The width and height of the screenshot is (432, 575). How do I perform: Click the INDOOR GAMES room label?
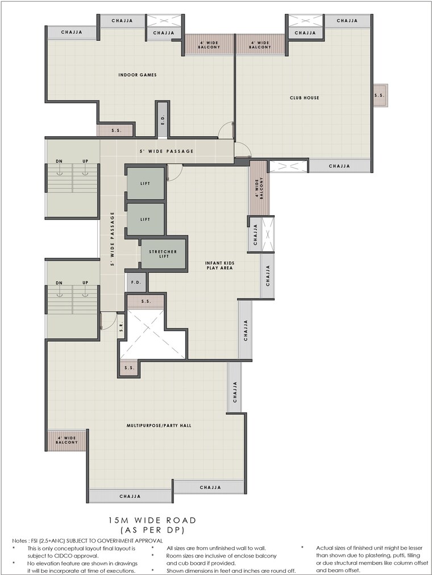137,75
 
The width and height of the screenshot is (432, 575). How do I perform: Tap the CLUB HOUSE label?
304,98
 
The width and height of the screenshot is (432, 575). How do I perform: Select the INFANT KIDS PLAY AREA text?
219,266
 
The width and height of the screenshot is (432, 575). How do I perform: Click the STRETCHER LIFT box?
163,254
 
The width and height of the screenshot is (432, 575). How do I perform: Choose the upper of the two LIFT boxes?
145,183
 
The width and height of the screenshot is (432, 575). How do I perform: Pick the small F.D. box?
136,282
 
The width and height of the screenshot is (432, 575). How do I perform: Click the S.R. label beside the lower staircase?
121,328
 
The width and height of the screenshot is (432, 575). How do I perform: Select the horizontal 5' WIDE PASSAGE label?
167,152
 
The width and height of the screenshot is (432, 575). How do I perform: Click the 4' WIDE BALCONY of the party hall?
67,439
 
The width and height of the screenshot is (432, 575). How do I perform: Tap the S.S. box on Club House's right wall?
379,95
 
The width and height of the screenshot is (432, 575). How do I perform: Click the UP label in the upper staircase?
85,162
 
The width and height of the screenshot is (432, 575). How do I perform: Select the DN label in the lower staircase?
59,283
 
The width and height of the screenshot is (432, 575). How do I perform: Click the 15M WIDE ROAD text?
152,520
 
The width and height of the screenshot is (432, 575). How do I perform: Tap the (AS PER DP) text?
152,530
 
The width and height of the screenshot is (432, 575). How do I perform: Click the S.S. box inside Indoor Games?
115,131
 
